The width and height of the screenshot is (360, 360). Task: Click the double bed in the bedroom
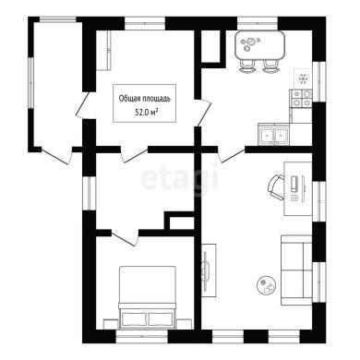point(148,297)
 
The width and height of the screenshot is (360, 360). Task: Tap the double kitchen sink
point(273,135)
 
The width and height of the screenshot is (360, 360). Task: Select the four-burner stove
point(301,99)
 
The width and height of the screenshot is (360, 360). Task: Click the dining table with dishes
point(259,45)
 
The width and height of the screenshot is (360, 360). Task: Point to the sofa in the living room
point(296,270)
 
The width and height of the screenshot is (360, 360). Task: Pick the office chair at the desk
point(277,187)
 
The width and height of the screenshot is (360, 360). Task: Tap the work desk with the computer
point(297,188)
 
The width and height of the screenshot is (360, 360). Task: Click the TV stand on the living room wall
point(209,270)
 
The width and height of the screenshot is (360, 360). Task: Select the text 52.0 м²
point(144,113)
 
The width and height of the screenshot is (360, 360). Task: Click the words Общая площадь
point(144,99)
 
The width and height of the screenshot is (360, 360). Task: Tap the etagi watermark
point(180,178)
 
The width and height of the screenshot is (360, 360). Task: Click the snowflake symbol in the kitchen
point(303,79)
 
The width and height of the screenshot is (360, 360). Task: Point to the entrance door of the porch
point(57,156)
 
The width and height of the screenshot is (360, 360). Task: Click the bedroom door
point(125,237)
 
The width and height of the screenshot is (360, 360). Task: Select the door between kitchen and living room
point(232,154)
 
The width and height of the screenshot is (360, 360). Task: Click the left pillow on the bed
point(134,318)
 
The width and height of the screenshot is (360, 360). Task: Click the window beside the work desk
point(319,201)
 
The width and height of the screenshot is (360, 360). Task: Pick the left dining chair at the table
point(247,66)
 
